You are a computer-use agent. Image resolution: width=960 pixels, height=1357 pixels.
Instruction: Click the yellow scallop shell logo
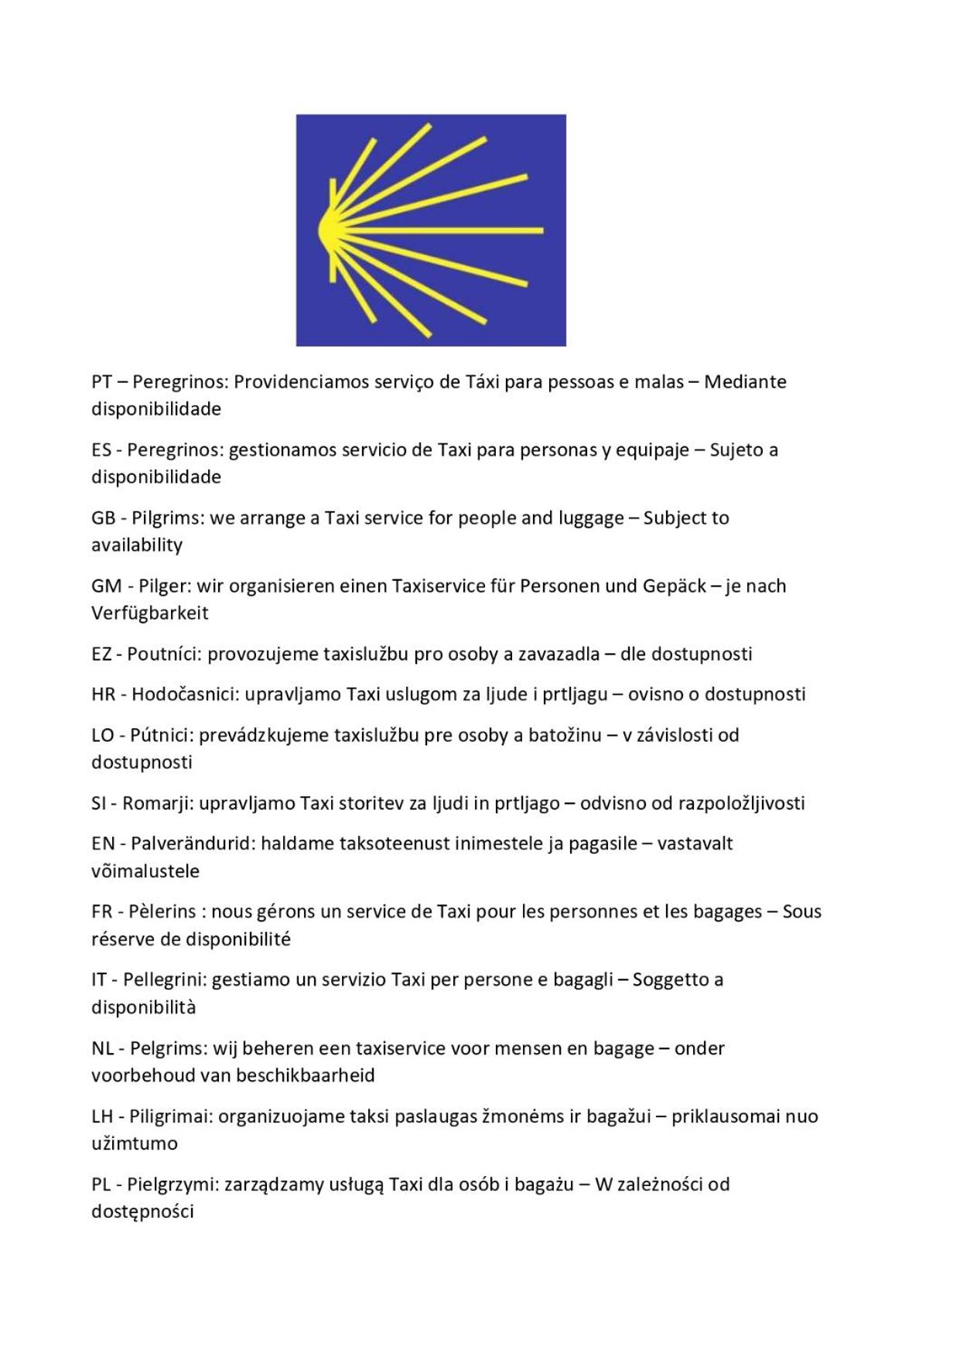tap(430, 230)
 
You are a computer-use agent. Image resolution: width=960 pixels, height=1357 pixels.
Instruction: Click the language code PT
tap(101, 381)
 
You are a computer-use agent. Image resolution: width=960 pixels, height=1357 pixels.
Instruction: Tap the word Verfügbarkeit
tap(150, 613)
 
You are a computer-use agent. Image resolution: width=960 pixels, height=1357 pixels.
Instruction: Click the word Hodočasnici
tap(185, 694)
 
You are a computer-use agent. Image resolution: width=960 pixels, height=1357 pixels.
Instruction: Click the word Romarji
tap(157, 803)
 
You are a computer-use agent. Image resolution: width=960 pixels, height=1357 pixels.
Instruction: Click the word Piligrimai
tap(170, 1116)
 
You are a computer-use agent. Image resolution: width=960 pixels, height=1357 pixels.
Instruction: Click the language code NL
tap(102, 1048)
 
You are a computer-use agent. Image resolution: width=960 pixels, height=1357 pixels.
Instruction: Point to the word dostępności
tap(142, 1212)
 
